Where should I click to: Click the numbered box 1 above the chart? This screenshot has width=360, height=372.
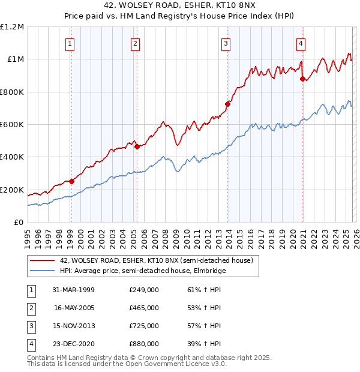tap(71, 43)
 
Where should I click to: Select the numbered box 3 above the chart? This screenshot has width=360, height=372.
tap(226, 43)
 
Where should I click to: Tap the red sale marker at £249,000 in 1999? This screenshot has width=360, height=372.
tap(71, 181)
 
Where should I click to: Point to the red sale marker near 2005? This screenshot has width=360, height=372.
tap(137, 146)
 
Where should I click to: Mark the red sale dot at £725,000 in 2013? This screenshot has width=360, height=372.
tap(227, 103)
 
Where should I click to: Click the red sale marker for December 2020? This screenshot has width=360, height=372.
tap(302, 78)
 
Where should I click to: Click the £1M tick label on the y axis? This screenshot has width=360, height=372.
tap(14, 59)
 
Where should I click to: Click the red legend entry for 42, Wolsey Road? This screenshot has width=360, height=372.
tap(157, 260)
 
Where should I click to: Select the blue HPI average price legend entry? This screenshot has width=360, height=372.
tap(142, 271)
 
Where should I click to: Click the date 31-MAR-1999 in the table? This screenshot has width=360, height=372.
tap(74, 290)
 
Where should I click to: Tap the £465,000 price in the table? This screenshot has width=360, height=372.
tap(144, 308)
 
